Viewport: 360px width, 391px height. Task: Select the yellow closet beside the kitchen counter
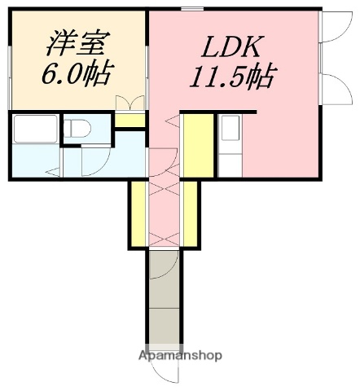click(x=196, y=144)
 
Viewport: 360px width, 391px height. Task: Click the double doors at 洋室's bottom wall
click(x=129, y=103)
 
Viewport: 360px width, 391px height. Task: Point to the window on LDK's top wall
click(x=193, y=9)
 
